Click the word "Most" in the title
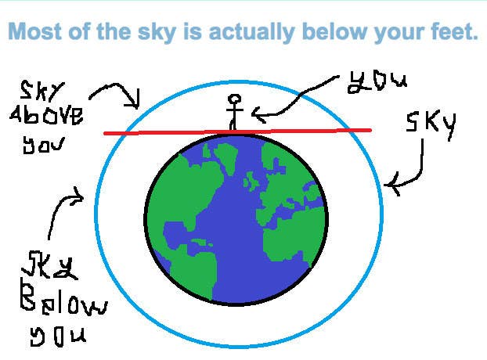[34, 31]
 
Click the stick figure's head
[234, 99]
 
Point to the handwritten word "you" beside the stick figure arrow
[377, 81]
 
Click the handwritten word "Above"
[47, 115]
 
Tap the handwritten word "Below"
[63, 298]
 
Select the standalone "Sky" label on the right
[431, 126]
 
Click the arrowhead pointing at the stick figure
[257, 114]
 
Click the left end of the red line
[105, 134]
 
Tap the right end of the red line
[370, 131]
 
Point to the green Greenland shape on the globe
[225, 157]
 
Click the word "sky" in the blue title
[157, 33]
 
